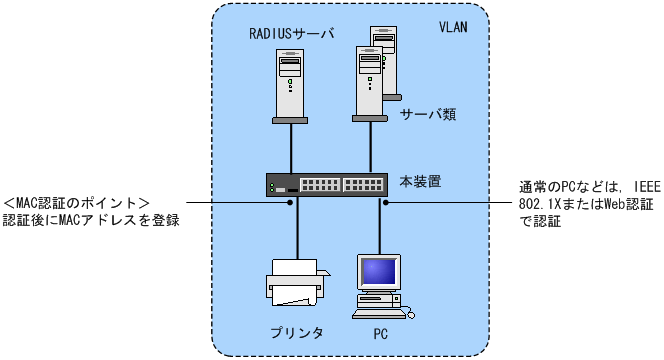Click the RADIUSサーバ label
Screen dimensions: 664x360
pyautogui.click(x=291, y=33)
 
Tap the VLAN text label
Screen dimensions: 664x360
pyautogui.click(x=453, y=27)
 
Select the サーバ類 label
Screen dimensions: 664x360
pyautogui.click(x=428, y=114)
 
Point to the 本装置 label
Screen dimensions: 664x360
pyautogui.click(x=420, y=181)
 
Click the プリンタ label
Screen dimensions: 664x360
pyautogui.click(x=297, y=333)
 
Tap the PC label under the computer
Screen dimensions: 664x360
pyautogui.click(x=380, y=334)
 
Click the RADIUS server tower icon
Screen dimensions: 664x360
pyautogui.click(x=290, y=86)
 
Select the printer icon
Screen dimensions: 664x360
pyautogui.click(x=298, y=282)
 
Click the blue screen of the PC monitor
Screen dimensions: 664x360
pyautogui.click(x=379, y=271)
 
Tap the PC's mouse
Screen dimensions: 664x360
pyautogui.click(x=410, y=315)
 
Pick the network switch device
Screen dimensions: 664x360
pyautogui.click(x=327, y=185)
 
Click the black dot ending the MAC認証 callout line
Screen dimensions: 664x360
pyautogui.click(x=290, y=203)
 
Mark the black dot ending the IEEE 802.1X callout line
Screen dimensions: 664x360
pyautogui.click(x=386, y=203)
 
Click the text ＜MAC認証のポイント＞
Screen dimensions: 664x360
pyautogui.click(x=76, y=203)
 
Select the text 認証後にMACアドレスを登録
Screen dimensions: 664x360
pyautogui.click(x=91, y=220)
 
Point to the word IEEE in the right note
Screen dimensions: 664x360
pyautogui.click(x=647, y=187)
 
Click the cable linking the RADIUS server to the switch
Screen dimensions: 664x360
pyautogui.click(x=291, y=148)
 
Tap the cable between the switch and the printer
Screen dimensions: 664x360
pyautogui.click(x=298, y=228)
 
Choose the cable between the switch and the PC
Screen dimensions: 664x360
pyautogui.click(x=380, y=226)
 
